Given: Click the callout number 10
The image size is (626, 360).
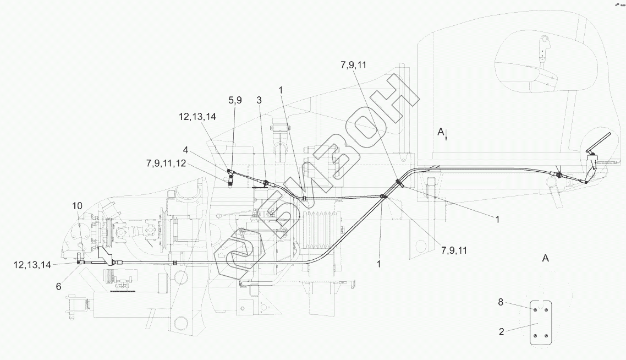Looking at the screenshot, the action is point(77,205).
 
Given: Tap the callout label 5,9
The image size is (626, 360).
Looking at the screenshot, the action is point(235,100).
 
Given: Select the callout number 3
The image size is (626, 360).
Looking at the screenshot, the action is point(259,100).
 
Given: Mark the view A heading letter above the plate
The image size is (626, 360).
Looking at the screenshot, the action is point(545,258).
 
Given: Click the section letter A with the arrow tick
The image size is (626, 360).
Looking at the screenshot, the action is point(441,132).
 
